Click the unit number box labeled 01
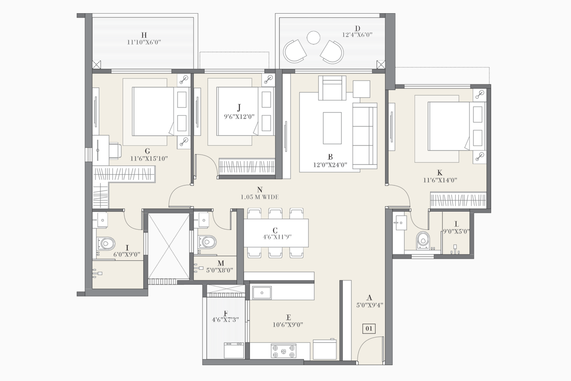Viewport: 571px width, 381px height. coord(369,329)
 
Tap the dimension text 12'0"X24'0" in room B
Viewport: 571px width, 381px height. coord(330,165)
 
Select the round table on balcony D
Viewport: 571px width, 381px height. coord(314,37)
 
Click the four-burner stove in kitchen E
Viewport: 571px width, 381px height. coord(284,350)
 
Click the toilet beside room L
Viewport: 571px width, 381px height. coord(423,240)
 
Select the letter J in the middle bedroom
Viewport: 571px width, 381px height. coord(239,107)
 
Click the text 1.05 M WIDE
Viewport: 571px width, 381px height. coord(259,197)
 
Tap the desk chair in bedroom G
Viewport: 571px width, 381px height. coord(115,150)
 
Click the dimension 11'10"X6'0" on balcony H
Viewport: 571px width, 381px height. coord(144,42)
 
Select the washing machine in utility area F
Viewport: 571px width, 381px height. coord(234,350)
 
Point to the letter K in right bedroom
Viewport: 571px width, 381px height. coord(440,173)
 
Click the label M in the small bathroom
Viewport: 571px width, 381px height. coord(221,264)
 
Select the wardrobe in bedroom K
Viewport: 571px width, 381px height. coord(458,200)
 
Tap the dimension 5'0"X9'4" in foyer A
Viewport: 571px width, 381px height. coord(369,305)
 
